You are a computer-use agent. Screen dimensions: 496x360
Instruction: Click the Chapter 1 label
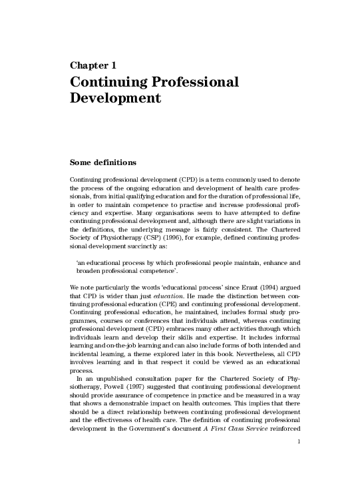[x=93, y=65]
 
